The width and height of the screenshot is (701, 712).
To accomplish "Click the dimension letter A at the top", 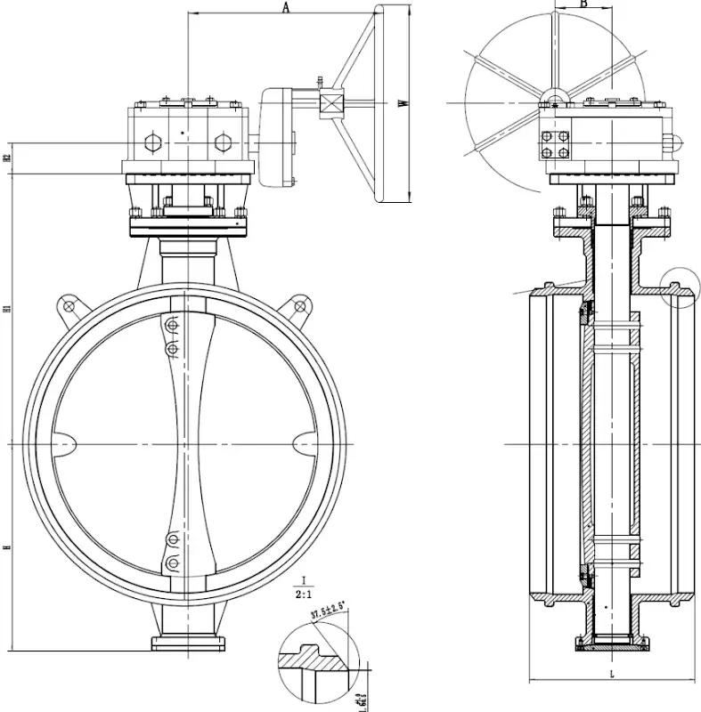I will (286, 7).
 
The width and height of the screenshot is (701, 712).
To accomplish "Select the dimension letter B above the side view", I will (583, 4).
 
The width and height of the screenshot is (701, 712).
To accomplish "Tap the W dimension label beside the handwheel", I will (403, 104).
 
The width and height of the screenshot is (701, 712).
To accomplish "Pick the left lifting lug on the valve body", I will (69, 307).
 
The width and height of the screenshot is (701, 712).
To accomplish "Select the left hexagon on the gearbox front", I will (150, 142).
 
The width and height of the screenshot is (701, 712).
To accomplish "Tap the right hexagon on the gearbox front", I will (221, 142).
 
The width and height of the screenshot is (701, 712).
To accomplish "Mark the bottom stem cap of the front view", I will (190, 642).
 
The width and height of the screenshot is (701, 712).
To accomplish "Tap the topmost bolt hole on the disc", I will (172, 326).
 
